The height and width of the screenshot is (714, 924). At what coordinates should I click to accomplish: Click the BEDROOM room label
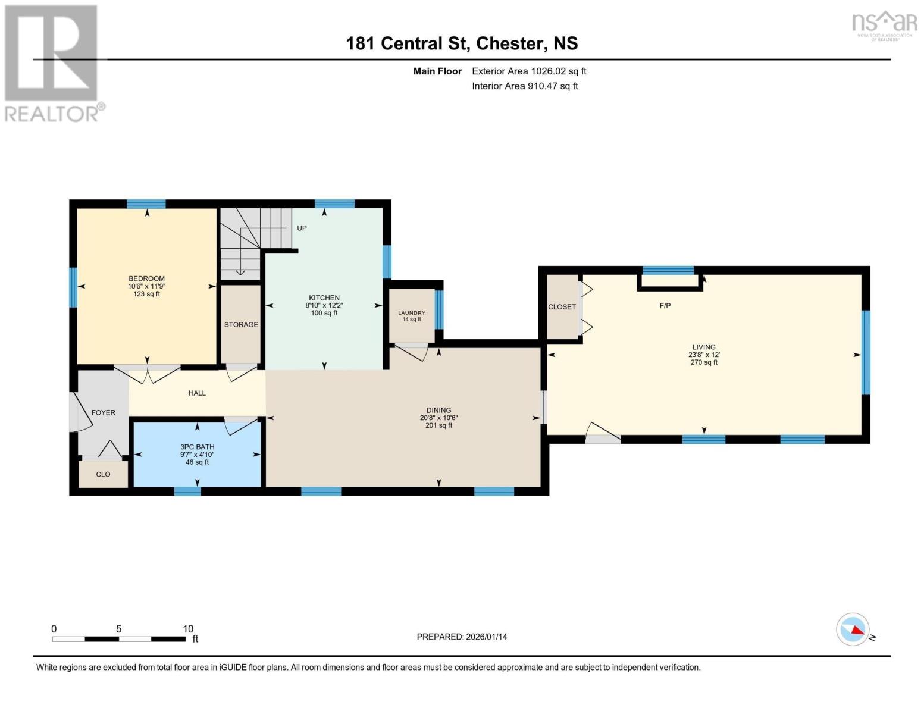coord(146,278)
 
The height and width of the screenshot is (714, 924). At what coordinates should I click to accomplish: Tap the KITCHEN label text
coord(324,297)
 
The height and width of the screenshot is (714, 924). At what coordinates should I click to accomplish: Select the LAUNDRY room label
coord(412,313)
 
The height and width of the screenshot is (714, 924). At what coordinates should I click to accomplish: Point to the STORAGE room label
coord(241,325)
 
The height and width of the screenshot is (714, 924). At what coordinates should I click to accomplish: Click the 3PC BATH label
coord(197,447)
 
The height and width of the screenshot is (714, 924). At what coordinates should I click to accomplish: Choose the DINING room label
coord(438,410)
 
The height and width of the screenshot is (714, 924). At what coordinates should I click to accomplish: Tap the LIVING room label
coord(703,347)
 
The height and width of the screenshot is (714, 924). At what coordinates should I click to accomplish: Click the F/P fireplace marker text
coord(665,306)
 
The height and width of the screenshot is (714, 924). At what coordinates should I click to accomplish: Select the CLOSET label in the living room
coord(562,307)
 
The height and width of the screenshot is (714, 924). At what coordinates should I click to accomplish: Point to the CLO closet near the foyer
coord(103,475)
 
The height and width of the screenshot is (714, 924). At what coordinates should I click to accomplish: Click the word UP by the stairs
coord(302,228)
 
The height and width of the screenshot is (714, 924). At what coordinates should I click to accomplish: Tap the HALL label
coord(197,393)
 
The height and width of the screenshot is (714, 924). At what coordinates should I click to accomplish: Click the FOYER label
coord(103,412)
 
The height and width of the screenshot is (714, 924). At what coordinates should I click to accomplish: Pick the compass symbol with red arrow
coord(853,630)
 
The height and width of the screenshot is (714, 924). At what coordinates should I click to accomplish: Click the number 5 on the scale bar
coord(119,629)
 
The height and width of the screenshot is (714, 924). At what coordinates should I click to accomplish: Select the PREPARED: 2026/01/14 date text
coord(462,637)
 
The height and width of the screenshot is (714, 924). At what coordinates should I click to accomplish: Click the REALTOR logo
coord(52,63)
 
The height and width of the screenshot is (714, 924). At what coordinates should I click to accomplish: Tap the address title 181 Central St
coord(462,43)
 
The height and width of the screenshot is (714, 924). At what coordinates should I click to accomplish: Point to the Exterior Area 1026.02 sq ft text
coord(529,71)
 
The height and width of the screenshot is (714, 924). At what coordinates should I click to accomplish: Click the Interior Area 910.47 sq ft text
coord(525,86)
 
